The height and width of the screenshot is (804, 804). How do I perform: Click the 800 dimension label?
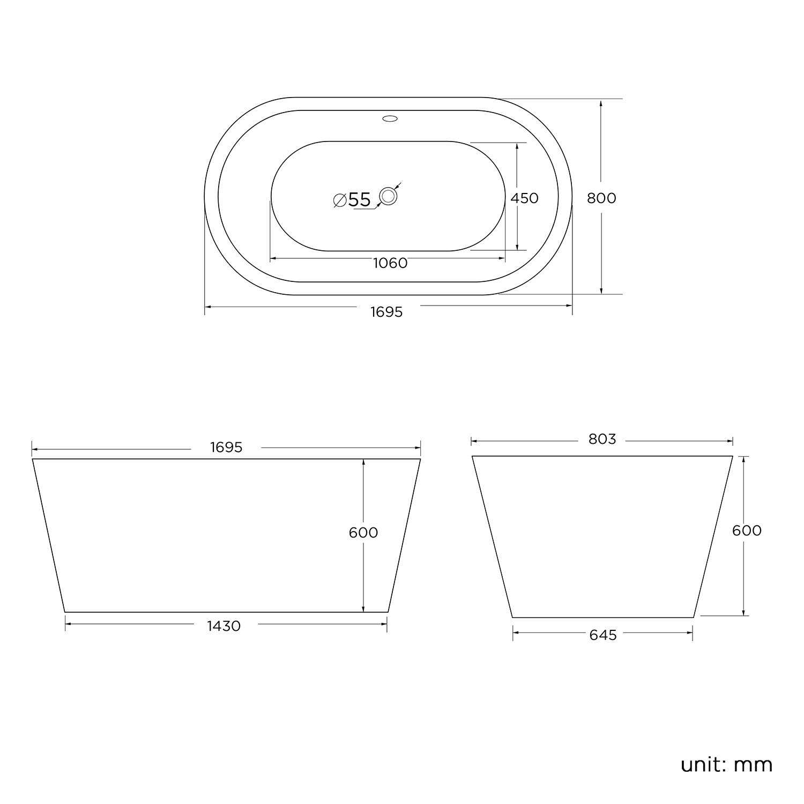pos(601,198)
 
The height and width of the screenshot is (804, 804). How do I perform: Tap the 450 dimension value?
pos(524,198)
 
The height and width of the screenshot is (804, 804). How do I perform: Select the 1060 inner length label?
pos(390,263)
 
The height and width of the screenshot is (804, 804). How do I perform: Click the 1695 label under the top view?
pos(386,312)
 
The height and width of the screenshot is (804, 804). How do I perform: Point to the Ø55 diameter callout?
pos(352,200)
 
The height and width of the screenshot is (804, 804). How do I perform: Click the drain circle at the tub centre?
pos(388,196)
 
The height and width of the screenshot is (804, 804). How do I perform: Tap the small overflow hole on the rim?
pos(390,118)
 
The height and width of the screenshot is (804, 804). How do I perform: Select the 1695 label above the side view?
pos(226,448)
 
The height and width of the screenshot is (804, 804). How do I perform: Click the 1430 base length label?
pos(224,626)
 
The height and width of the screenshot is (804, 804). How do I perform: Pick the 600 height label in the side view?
pos(363,533)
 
